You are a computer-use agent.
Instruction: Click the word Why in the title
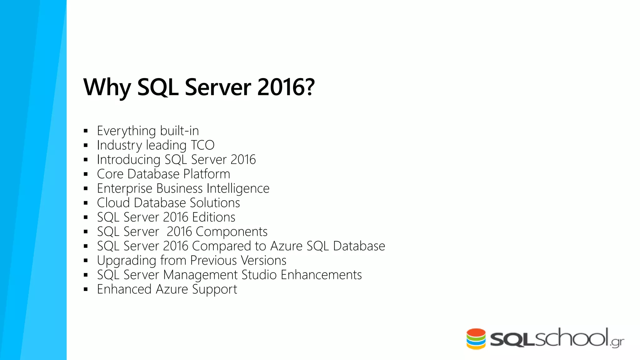107,87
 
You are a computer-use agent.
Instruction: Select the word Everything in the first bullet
126,131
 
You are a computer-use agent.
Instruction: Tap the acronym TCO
202,145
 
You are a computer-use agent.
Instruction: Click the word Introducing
128,160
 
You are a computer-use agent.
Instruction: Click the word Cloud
113,203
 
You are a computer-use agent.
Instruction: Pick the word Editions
214,217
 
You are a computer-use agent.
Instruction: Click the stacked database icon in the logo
476,339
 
